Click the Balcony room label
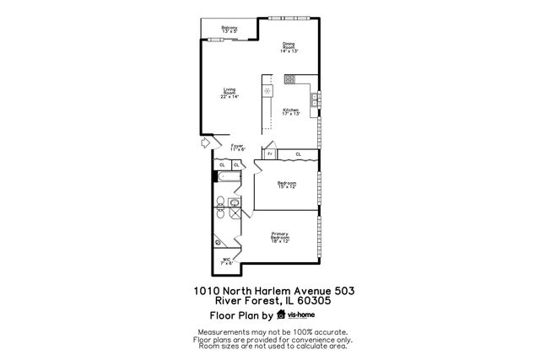point(229,30)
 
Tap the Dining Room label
point(289,47)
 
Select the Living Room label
point(230,93)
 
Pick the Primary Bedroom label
point(280,236)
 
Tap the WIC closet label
point(227,261)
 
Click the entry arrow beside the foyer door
point(205,143)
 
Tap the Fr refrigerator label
point(269,154)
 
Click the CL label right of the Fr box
point(298,154)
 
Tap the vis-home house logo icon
point(282,315)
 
